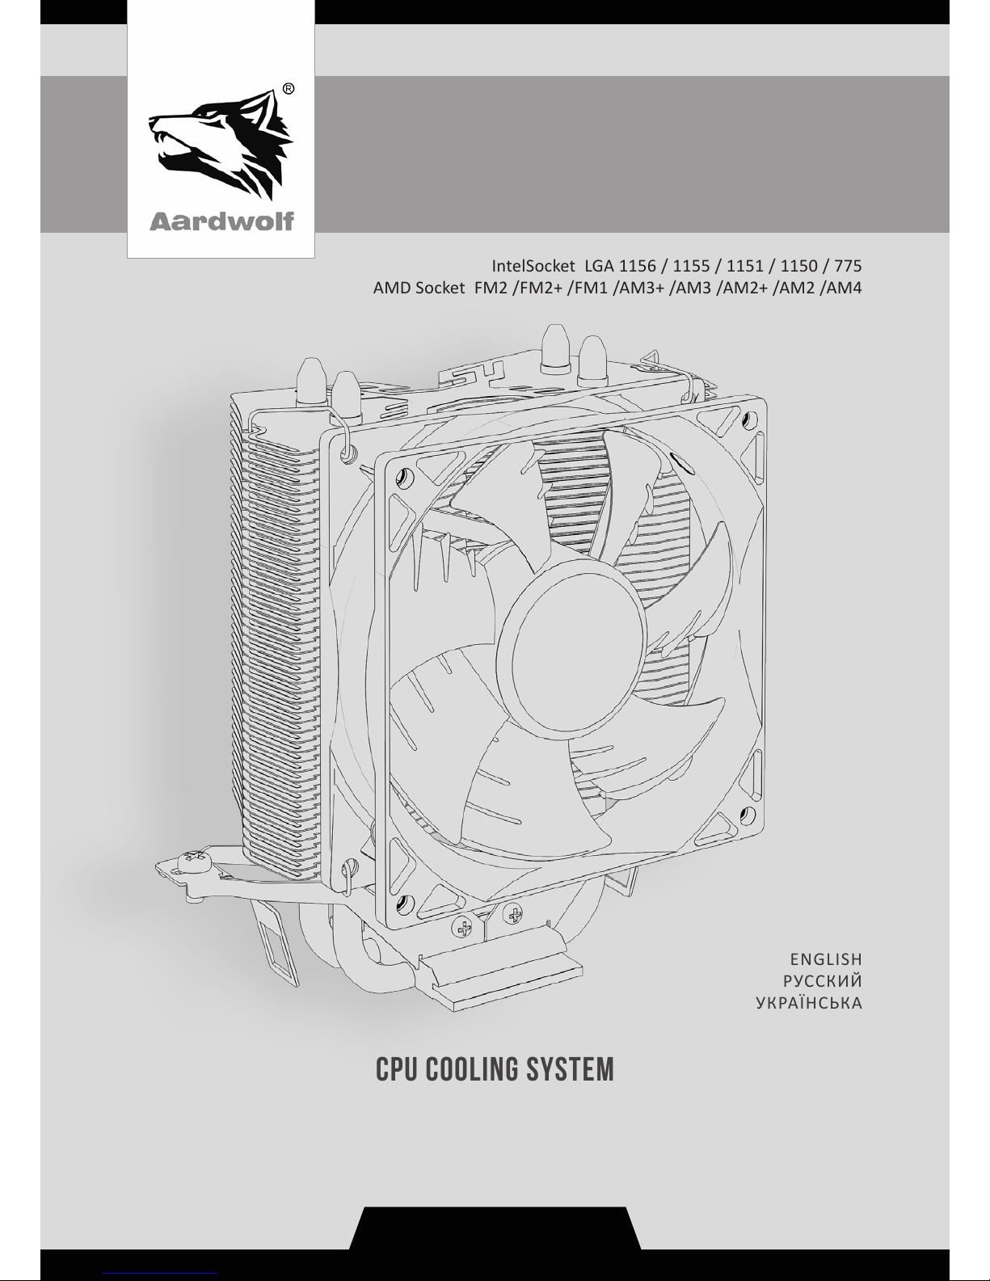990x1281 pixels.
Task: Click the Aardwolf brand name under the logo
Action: pos(221,221)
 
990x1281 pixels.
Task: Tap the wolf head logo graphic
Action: pos(221,145)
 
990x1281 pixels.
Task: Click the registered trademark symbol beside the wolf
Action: pos(289,89)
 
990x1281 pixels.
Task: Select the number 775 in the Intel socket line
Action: pos(848,266)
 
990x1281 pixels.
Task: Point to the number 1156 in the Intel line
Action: pos(638,266)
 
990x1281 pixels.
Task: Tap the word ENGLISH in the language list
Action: pos(826,959)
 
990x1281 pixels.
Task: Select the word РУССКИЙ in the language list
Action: pos(823,981)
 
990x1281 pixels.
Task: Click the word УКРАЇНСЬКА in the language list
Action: pos(809,1003)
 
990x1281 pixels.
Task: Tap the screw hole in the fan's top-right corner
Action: pos(748,419)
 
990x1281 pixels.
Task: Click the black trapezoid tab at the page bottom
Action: pos(495,1228)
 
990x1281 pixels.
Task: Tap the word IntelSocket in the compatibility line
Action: pos(533,266)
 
